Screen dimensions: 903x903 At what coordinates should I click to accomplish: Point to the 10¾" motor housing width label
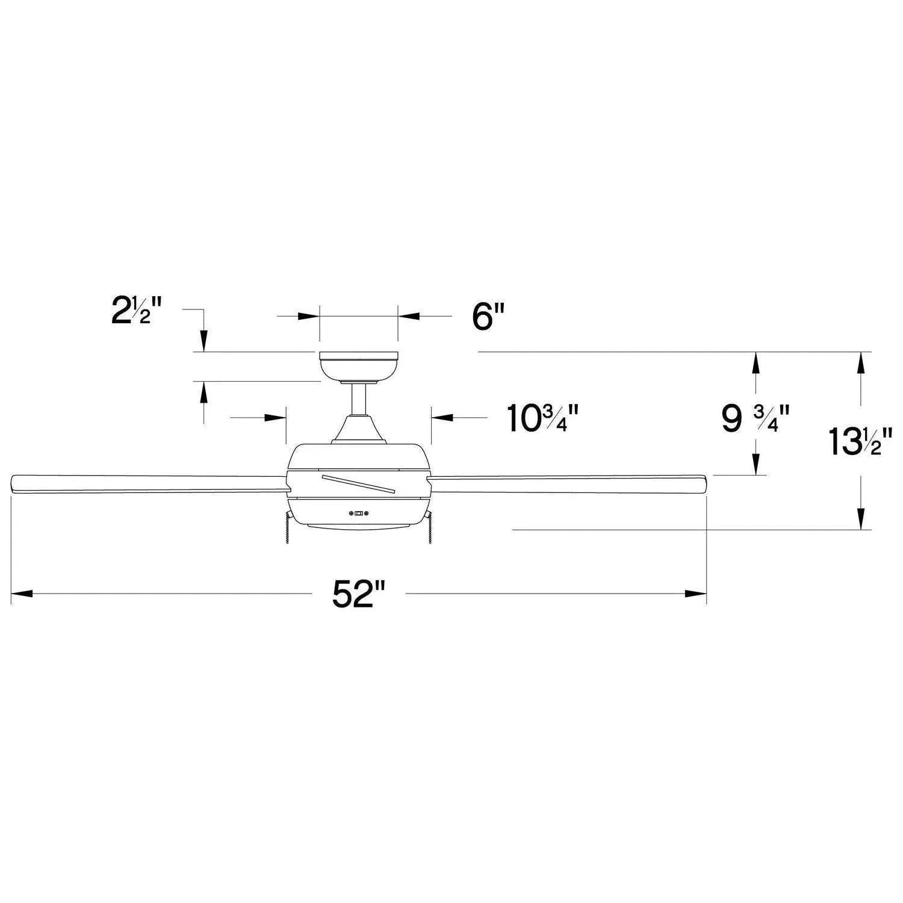tap(542, 418)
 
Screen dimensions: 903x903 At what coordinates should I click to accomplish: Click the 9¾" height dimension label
tap(755, 418)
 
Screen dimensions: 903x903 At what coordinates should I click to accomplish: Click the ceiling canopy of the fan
tap(359, 368)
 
